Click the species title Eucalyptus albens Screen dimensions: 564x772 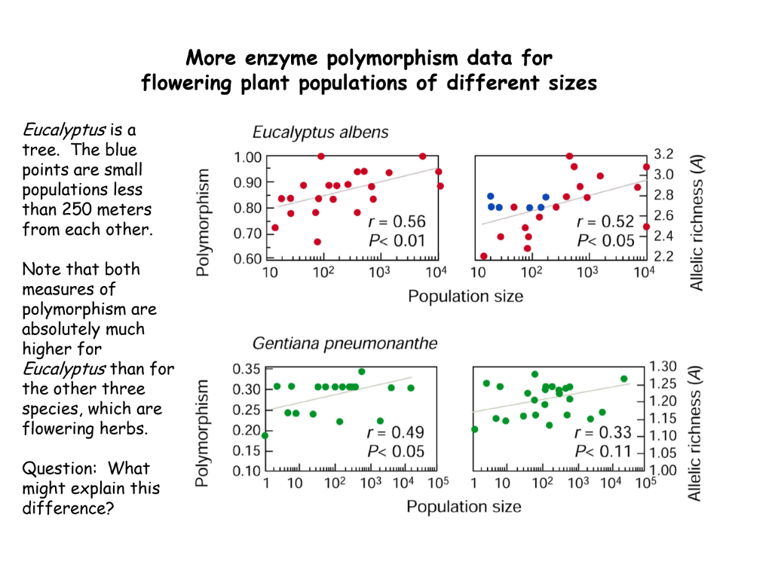coord(320,133)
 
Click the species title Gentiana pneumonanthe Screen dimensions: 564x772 coord(345,344)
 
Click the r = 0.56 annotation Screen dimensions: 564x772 coord(397,222)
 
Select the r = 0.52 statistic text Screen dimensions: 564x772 coord(605,222)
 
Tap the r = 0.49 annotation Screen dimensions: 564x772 coord(395,432)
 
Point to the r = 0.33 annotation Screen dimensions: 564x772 coord(604,433)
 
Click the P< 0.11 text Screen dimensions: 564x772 coord(604,451)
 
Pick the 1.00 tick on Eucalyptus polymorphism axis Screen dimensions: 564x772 coord(247,157)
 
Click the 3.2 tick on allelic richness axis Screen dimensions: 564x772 coord(663,154)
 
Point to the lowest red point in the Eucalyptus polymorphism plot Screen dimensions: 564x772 coord(317,242)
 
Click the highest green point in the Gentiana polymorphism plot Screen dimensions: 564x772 coord(362,371)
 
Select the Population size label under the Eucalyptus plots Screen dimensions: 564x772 coord(465,296)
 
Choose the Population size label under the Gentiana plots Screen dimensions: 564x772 coord(464,506)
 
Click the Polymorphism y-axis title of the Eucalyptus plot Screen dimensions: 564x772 coord(203,222)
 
